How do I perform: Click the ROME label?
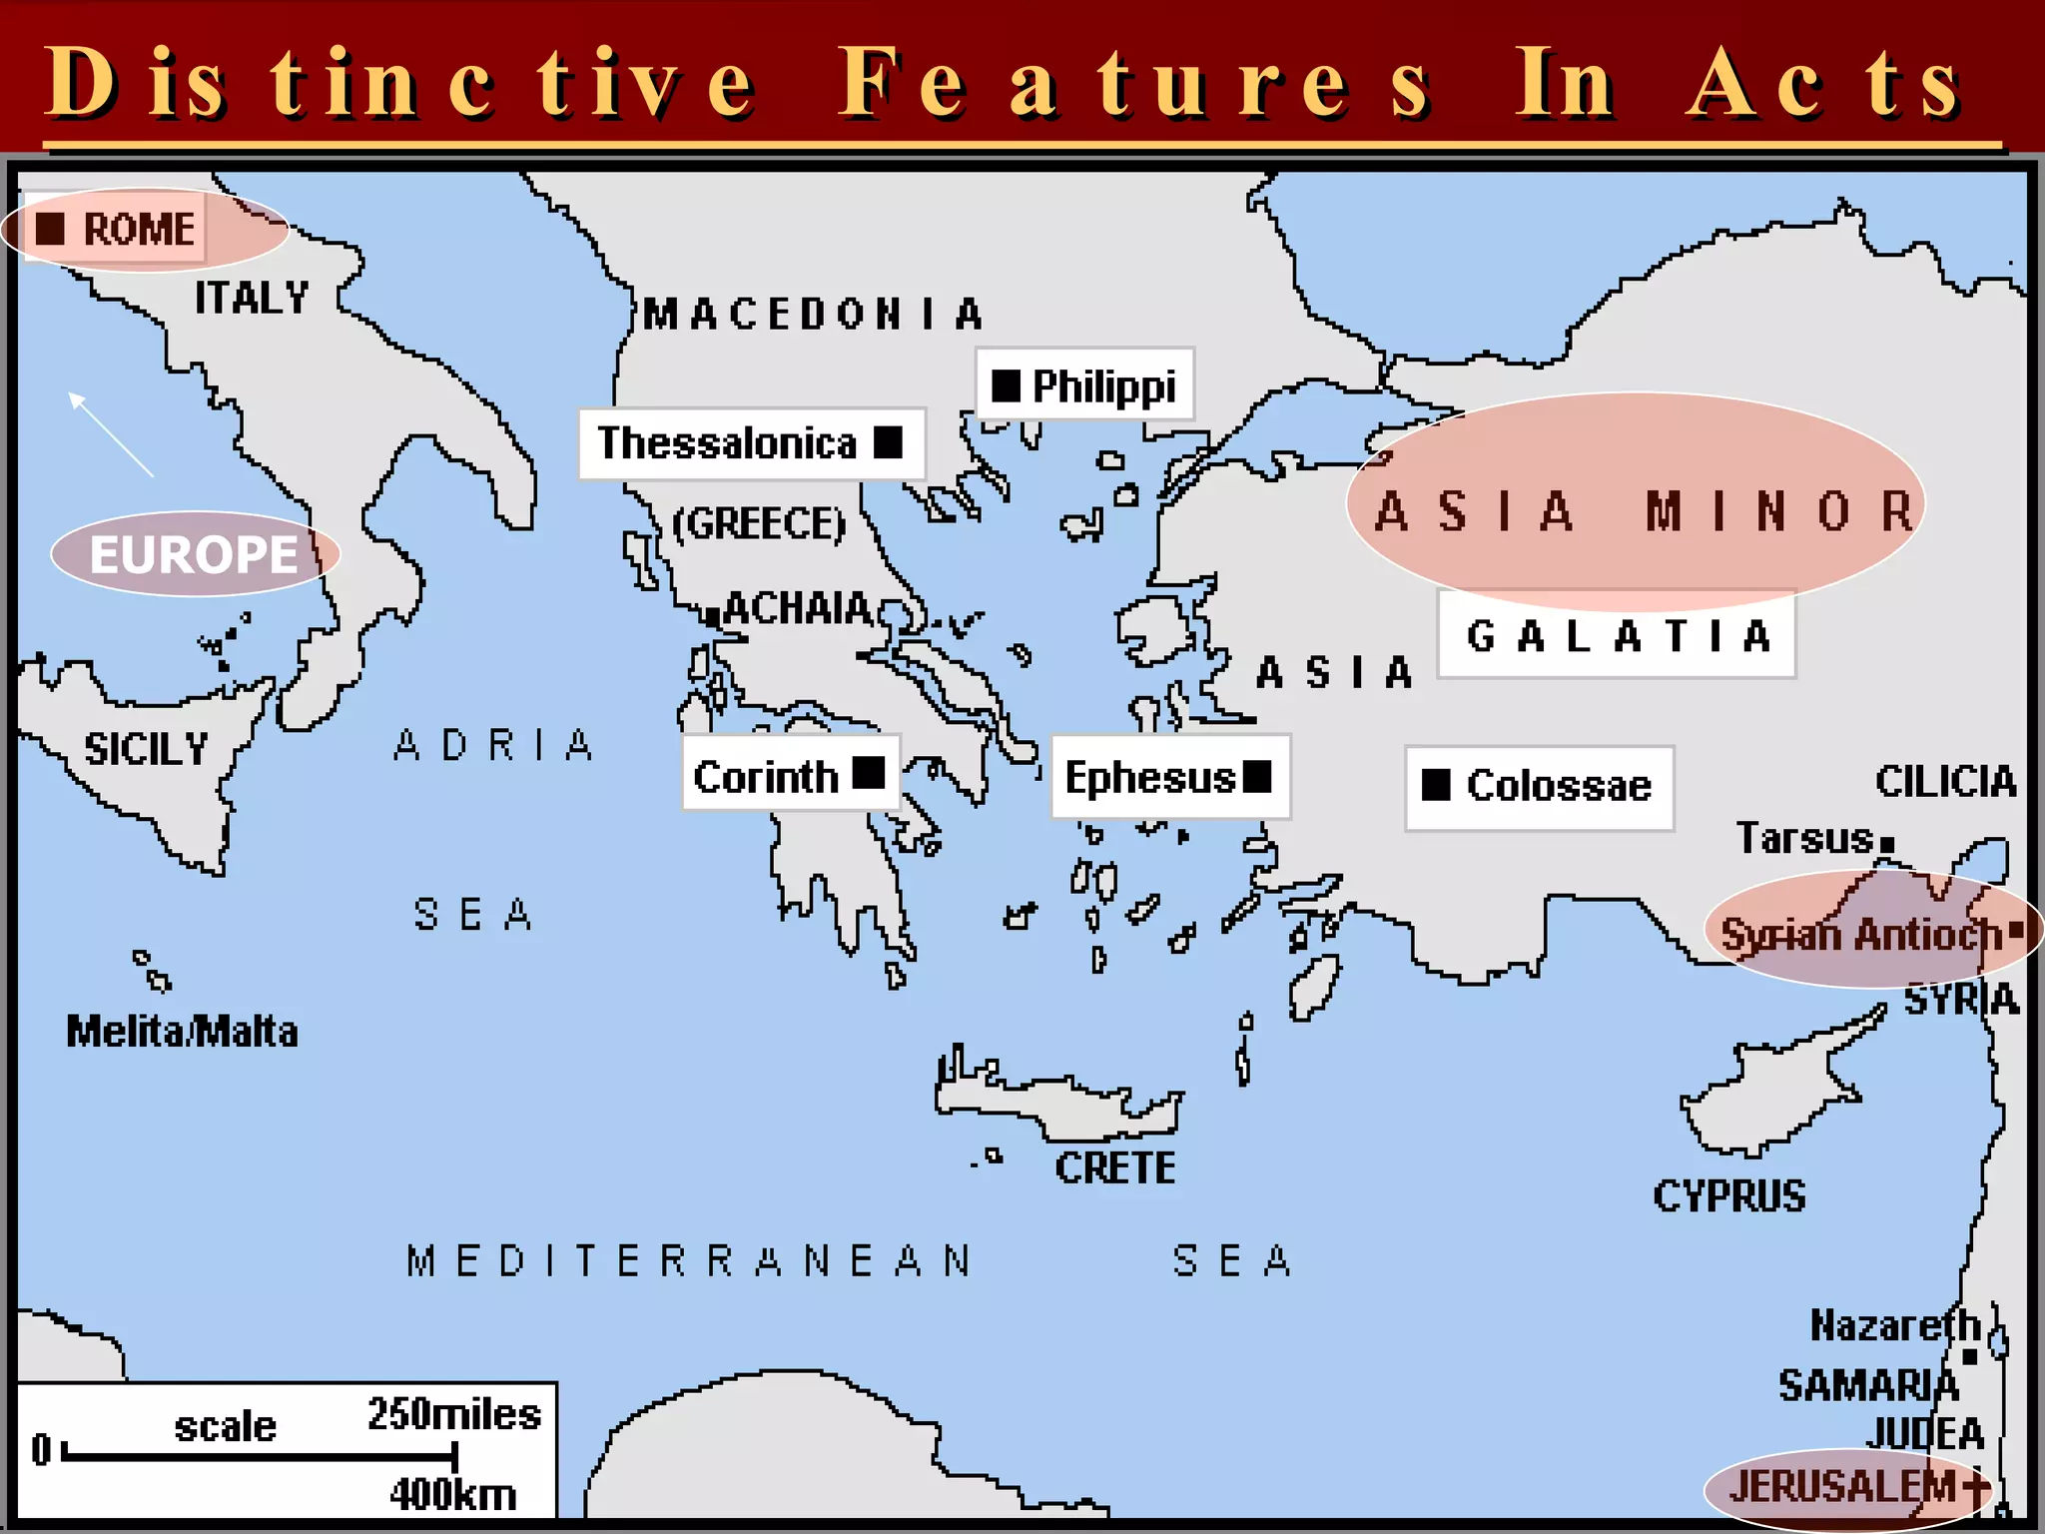138,230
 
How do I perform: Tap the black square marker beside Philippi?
1006,385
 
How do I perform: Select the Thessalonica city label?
727,443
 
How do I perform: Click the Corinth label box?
789,776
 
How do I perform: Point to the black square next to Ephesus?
1257,776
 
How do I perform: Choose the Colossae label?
1558,786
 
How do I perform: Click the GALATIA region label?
1618,636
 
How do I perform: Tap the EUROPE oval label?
195,554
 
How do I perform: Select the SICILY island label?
146,749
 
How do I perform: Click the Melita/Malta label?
182,1032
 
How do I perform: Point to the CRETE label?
1115,1167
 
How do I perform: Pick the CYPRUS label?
1728,1195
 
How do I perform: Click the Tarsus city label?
1804,838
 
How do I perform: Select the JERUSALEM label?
1843,1486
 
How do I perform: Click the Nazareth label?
1894,1325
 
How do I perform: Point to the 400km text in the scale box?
453,1494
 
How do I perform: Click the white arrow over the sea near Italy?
110,434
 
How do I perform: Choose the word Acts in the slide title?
1823,84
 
